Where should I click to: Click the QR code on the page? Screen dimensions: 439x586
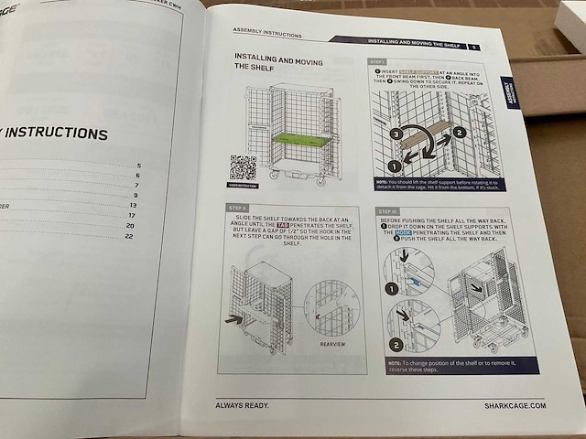pyautogui.click(x=243, y=169)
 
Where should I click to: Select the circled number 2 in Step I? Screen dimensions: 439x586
pyautogui.click(x=460, y=132)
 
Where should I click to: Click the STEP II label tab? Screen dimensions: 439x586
pyautogui.click(x=238, y=208)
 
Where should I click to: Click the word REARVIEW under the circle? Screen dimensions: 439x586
pyautogui.click(x=333, y=346)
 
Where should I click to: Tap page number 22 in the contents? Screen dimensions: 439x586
pyautogui.click(x=129, y=237)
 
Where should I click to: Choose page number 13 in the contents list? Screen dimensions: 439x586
pyautogui.click(x=133, y=205)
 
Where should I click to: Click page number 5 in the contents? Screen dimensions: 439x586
pyautogui.click(x=138, y=165)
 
